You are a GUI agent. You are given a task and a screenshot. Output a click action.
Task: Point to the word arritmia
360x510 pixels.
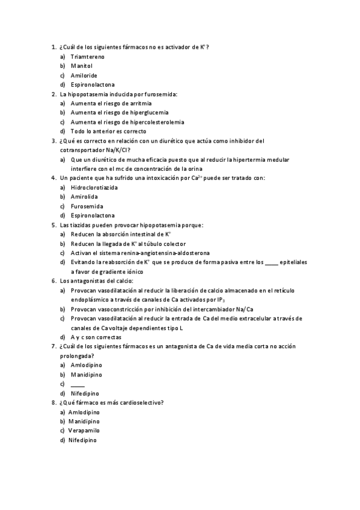(x=140, y=103)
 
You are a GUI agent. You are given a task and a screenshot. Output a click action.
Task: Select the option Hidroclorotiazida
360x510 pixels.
(x=94, y=188)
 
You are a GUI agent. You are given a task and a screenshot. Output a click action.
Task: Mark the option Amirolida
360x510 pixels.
(x=84, y=197)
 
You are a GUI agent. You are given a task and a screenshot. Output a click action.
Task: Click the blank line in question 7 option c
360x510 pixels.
(x=78, y=384)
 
